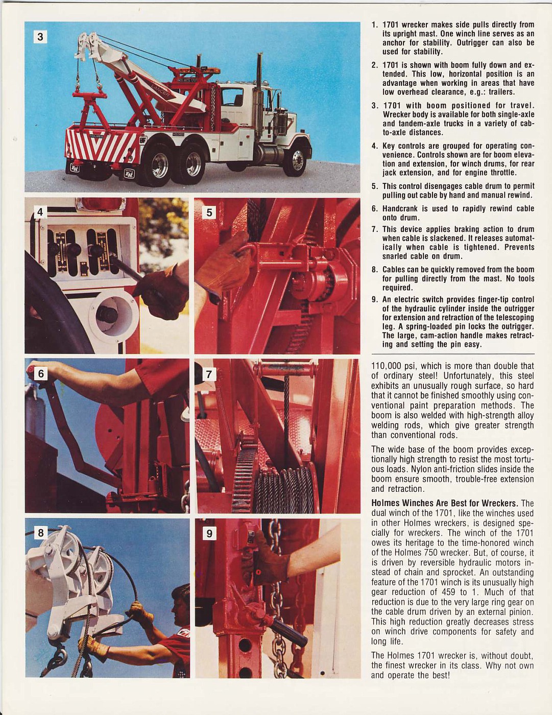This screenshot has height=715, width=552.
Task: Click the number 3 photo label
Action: pyautogui.click(x=40, y=37)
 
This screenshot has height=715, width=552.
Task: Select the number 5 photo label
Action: pyautogui.click(x=209, y=212)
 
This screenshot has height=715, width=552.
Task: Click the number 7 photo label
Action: pyautogui.click(x=209, y=374)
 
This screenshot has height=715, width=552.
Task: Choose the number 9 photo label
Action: pyautogui.click(x=209, y=534)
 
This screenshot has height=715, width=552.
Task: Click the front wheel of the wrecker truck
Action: pyautogui.click(x=296, y=160)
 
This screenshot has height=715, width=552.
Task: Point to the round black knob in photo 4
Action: pyautogui.click(x=107, y=315)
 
